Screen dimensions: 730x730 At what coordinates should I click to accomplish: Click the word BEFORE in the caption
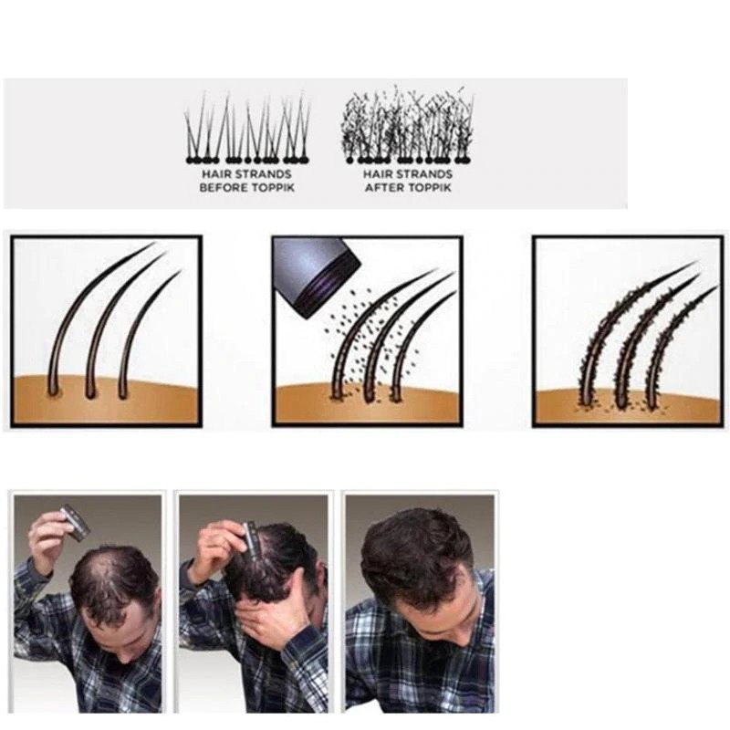(219, 187)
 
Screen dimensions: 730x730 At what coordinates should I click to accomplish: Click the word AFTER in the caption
(383, 187)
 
